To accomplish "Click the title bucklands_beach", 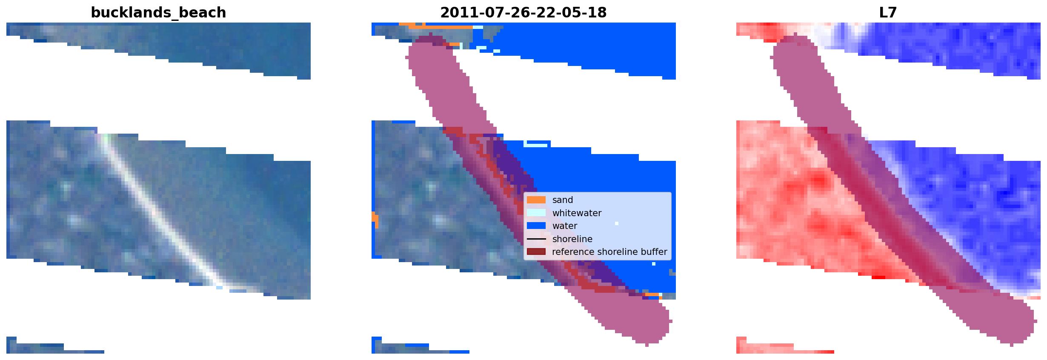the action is pos(158,13).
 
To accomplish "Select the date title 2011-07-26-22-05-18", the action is pos(523,13).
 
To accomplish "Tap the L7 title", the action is pos(888,13).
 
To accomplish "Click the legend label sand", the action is pos(563,200).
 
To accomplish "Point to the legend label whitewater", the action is pos(577,213).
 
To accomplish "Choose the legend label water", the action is pos(565,226).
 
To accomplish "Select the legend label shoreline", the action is pos(572,239).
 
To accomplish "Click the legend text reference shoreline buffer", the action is pos(609,252).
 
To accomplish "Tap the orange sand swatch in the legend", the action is pos(536,200).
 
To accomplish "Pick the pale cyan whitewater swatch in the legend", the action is pos(536,213).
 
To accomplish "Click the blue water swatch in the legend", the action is pos(536,226).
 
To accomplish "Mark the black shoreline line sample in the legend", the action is pos(536,239).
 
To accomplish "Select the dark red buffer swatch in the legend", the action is pos(536,252).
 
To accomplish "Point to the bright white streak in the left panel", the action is pos(162,213).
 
